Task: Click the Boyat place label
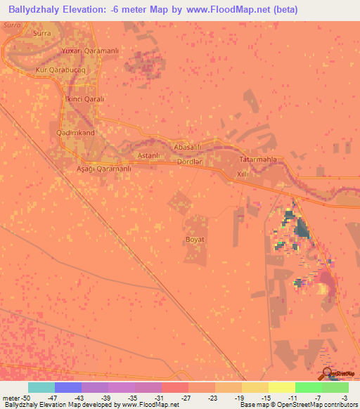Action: pyautogui.click(x=195, y=240)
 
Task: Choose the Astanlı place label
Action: pyautogui.click(x=150, y=155)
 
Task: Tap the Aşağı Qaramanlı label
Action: pyautogui.click(x=103, y=169)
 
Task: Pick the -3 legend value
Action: pyautogui.click(x=344, y=398)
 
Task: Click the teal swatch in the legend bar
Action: pyautogui.click(x=41, y=387)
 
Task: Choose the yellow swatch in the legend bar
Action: pyautogui.click(x=282, y=387)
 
